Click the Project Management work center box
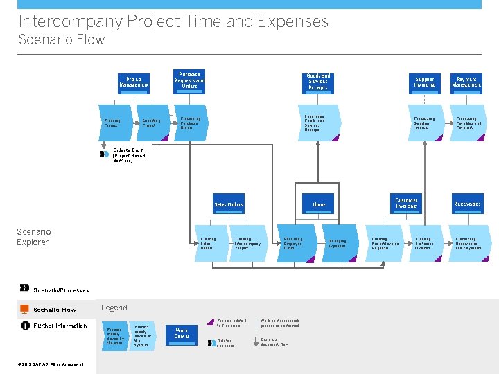[x=134, y=82]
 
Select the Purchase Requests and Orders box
[x=189, y=80]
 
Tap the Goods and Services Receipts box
[x=318, y=82]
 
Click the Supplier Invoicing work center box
[x=425, y=82]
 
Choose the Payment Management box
[x=467, y=82]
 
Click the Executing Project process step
[x=152, y=123]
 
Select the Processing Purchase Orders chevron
[x=191, y=123]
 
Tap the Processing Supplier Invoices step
[x=426, y=123]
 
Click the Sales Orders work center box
[x=228, y=204]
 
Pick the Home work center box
[x=319, y=204]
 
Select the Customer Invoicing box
[x=406, y=204]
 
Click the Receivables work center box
[x=467, y=204]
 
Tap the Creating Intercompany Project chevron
[x=248, y=243]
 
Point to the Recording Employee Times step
[x=294, y=243]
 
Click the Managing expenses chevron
[x=339, y=243]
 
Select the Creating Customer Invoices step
[x=426, y=243]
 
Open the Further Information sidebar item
[x=61, y=326]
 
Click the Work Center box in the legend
[x=182, y=333]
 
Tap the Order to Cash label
[x=129, y=154]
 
